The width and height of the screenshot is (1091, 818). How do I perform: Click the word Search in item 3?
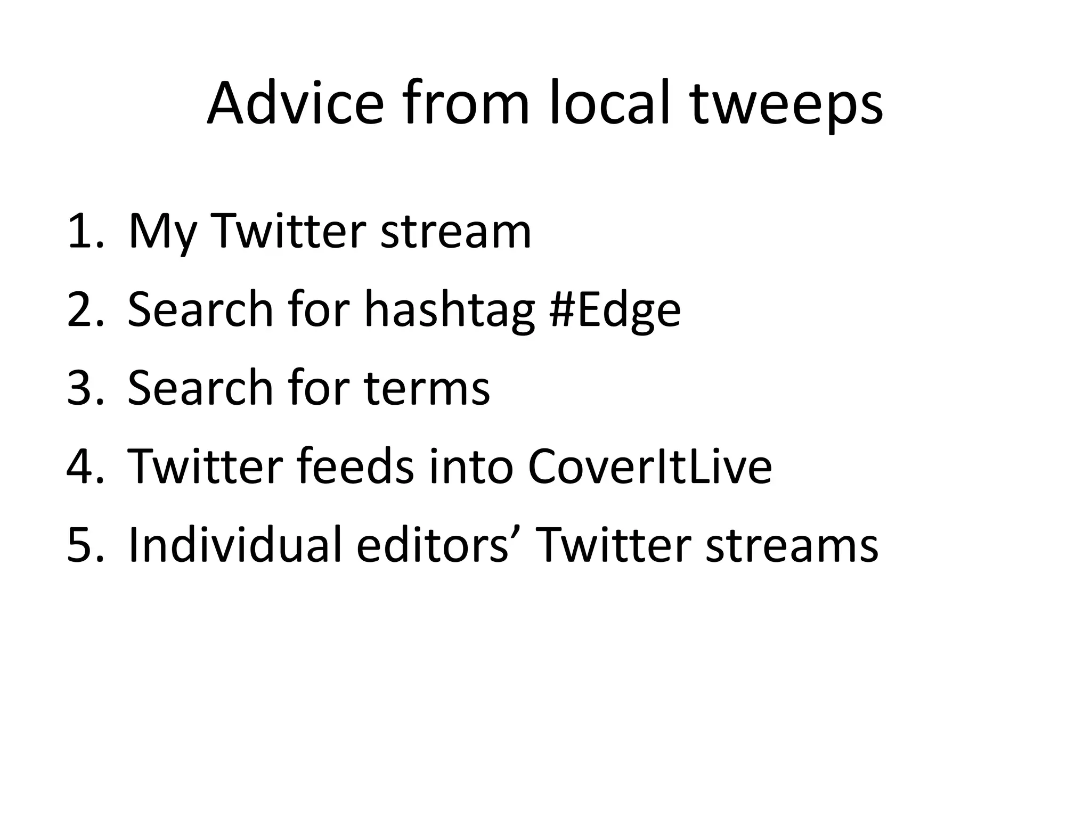click(x=200, y=388)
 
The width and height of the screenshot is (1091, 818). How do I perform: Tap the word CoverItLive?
click(x=649, y=467)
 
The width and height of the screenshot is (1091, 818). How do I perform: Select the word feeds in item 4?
click(x=355, y=467)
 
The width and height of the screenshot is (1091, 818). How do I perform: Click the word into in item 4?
click(x=471, y=467)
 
